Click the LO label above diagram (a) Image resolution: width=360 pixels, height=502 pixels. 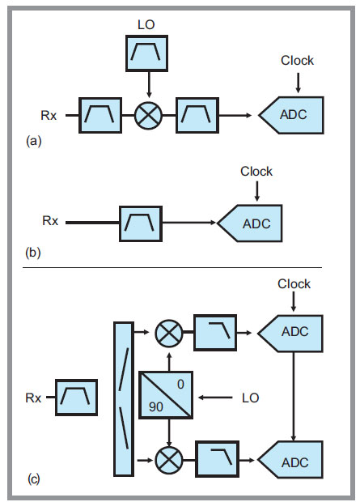coord(146,25)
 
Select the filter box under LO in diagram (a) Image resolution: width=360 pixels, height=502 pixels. coord(147,53)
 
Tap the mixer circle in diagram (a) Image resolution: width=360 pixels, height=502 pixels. coord(149,115)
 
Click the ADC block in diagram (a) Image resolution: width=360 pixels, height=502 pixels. coord(291,115)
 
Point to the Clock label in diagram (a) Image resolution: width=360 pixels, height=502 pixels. coord(297,61)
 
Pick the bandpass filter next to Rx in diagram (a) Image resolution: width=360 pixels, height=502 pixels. coord(100,115)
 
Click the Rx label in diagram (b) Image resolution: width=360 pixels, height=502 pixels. coord(50,221)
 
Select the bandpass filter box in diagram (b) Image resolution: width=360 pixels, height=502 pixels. coord(141,223)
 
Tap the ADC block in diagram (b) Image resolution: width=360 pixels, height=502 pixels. coord(250,223)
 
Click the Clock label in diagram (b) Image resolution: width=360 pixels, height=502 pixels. coord(256,172)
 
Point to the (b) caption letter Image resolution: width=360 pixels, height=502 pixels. coord(33,253)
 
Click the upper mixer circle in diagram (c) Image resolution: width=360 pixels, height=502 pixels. coord(169,334)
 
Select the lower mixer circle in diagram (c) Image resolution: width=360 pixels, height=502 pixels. coord(169,460)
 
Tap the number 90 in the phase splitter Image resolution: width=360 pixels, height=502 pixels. coord(156,407)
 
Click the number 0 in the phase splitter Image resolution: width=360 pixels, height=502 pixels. coord(180,384)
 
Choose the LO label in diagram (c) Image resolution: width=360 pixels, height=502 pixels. coord(250,398)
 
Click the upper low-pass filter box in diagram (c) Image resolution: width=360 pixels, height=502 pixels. coord(215,333)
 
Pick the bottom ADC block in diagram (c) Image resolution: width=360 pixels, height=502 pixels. coord(290,459)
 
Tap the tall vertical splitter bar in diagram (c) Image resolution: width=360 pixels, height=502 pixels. coord(124,399)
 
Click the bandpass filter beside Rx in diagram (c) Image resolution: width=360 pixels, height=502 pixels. coord(77,398)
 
